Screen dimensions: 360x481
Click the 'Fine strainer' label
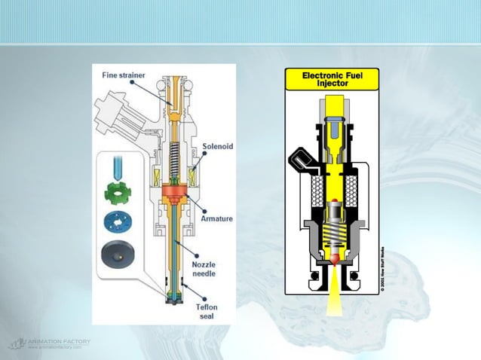[123, 75]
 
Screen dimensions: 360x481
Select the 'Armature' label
[217, 218]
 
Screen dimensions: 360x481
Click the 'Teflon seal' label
[208, 310]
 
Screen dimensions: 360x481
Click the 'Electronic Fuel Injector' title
[331, 78]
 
